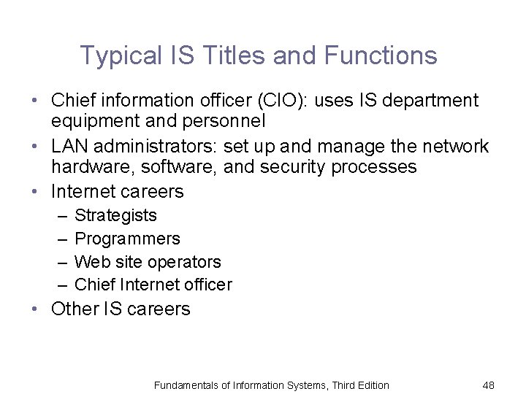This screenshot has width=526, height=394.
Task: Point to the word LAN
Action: (70, 146)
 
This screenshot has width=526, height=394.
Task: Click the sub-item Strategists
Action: (115, 215)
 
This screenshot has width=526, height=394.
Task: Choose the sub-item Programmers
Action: (127, 239)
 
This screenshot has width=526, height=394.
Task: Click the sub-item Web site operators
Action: (148, 262)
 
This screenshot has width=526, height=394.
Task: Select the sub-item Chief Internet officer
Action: (153, 285)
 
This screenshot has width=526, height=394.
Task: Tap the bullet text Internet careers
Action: (117, 192)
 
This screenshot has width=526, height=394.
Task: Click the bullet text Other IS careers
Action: (121, 309)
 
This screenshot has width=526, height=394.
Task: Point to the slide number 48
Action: (489, 385)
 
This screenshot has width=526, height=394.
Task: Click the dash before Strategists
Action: (59, 216)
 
